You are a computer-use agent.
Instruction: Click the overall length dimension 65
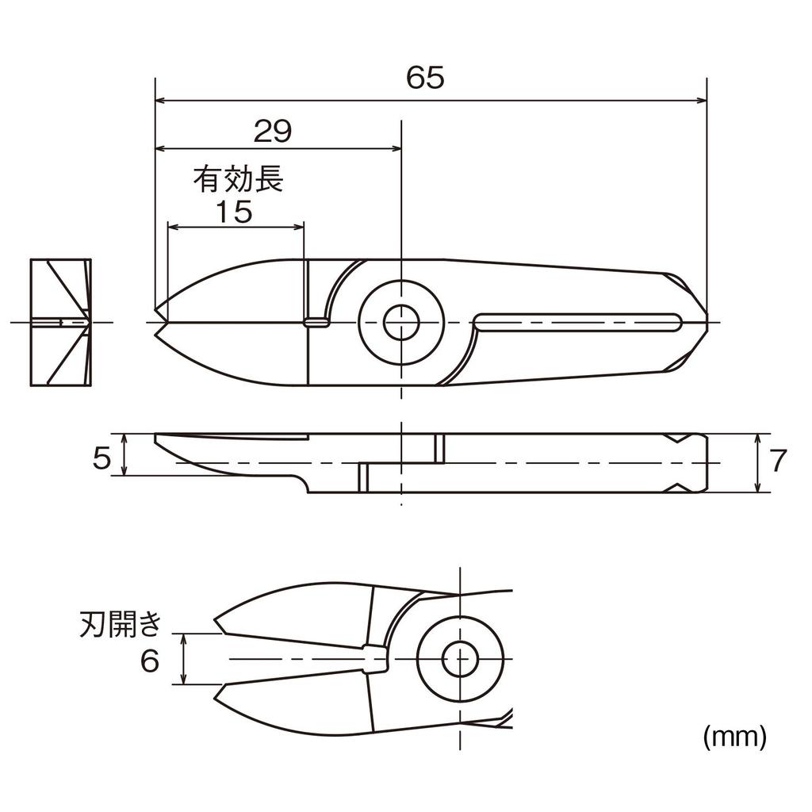click(x=426, y=78)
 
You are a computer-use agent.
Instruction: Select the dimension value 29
click(x=273, y=132)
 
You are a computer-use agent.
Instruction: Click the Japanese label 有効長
click(x=238, y=181)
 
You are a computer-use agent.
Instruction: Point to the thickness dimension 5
click(x=101, y=458)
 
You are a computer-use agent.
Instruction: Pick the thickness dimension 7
click(x=779, y=461)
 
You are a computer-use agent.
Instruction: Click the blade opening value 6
click(x=150, y=661)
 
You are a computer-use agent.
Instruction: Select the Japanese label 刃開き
click(x=121, y=624)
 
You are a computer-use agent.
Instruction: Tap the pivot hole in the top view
click(x=401, y=322)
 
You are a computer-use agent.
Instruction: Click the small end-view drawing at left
click(x=59, y=322)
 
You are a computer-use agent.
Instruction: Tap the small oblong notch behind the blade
click(x=317, y=322)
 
